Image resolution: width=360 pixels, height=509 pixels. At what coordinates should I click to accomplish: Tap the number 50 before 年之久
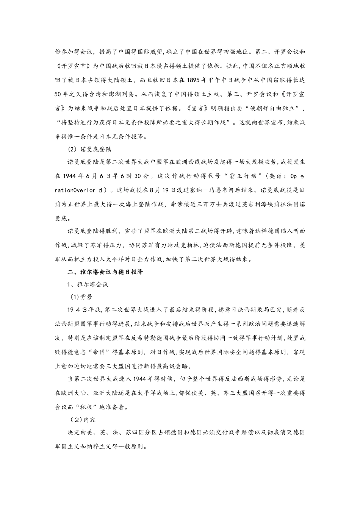(59, 94)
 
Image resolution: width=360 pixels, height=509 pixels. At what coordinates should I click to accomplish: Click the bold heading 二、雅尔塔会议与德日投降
(105, 272)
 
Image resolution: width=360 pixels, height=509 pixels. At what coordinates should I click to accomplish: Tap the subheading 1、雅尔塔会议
(88, 284)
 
